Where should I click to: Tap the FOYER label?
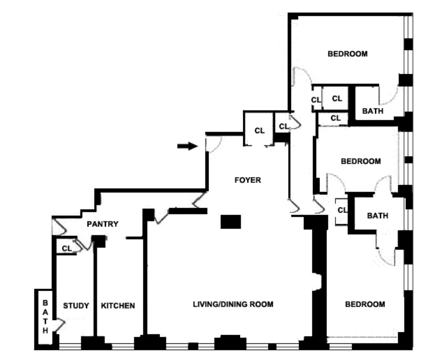click(x=248, y=180)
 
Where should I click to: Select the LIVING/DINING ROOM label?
click(x=233, y=304)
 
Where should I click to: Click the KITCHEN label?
click(x=118, y=306)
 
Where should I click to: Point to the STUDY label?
click(x=76, y=306)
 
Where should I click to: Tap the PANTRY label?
click(x=103, y=224)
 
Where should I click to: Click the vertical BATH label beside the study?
click(x=45, y=316)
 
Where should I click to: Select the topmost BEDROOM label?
click(x=347, y=53)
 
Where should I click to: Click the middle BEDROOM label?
click(x=361, y=161)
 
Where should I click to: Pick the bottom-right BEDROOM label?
click(x=365, y=304)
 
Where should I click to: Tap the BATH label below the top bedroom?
click(x=373, y=111)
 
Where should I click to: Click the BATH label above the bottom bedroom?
click(x=377, y=216)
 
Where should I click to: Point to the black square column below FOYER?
click(x=231, y=221)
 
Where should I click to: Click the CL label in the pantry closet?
click(x=67, y=248)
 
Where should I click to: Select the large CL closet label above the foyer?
click(x=259, y=130)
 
